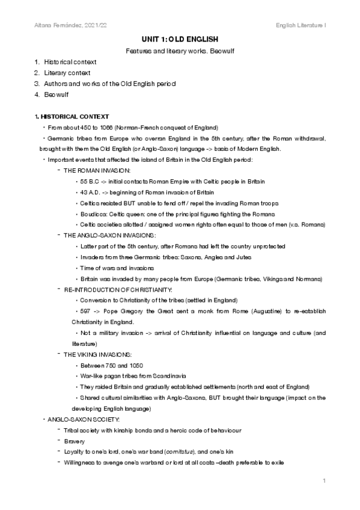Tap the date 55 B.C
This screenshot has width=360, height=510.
coord(88,181)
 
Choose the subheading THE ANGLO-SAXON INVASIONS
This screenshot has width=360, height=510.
coord(109,236)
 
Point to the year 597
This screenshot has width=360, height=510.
coord(84,312)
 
